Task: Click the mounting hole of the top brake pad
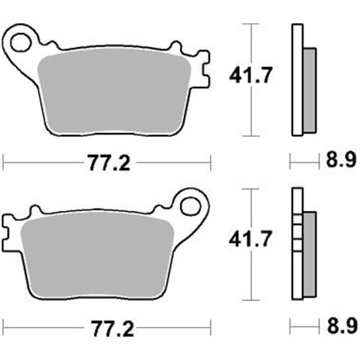click(20, 42)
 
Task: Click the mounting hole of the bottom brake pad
click(190, 205)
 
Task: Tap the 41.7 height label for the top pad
click(251, 75)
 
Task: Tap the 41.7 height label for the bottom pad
click(251, 239)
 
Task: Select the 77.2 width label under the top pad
click(109, 163)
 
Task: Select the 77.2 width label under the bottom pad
click(112, 329)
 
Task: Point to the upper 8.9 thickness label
click(341, 160)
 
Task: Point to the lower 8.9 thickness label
click(342, 326)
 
